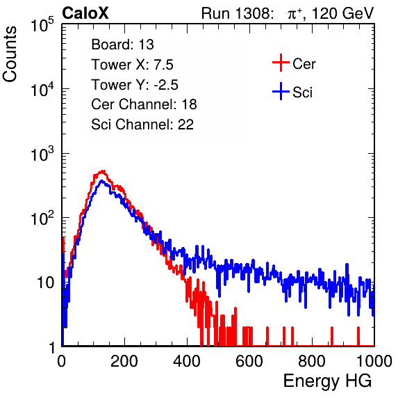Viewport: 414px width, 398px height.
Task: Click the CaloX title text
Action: point(85,13)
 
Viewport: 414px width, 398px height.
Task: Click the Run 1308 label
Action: point(237,13)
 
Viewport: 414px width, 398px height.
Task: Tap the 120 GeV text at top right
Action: point(343,13)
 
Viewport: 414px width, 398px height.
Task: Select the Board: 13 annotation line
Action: point(122,45)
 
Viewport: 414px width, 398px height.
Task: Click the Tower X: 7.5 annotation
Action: point(132,65)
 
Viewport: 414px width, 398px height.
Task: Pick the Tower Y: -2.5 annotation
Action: point(135,85)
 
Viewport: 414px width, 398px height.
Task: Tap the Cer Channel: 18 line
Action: point(144,104)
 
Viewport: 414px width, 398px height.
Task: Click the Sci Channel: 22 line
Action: point(142,125)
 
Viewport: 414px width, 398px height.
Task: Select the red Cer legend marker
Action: point(281,63)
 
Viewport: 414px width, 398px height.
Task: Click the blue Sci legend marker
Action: point(281,92)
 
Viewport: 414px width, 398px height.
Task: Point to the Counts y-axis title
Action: point(10,54)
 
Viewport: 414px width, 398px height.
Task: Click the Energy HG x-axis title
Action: point(327,381)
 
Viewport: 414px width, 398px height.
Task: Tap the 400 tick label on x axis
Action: point(187,361)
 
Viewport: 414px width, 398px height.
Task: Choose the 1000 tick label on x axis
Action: point(374,361)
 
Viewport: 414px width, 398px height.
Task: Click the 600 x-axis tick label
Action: point(249,361)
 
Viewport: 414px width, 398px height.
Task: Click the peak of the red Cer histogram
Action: point(103,171)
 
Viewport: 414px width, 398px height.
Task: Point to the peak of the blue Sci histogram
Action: point(102,181)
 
